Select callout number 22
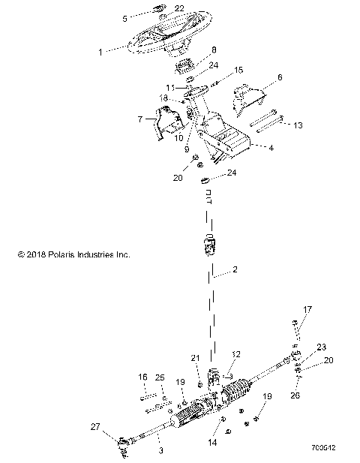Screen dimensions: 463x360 coord(179,8)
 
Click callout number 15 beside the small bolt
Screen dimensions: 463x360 coord(239,70)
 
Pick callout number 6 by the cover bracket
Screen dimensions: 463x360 coord(280,77)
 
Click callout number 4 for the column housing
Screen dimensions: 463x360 coord(271,148)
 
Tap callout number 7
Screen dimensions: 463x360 coord(139,119)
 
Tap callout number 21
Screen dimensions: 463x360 coord(195,358)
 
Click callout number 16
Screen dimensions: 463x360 coord(142,376)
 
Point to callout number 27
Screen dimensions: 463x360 coord(94,427)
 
